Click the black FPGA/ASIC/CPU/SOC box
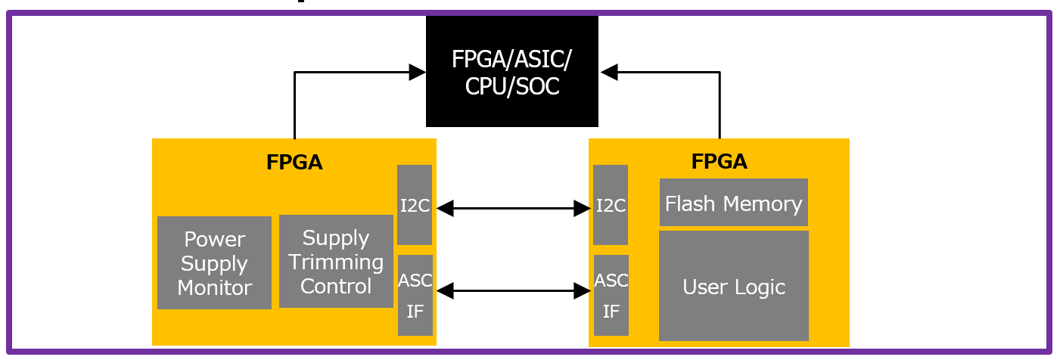coord(511,71)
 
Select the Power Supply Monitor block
coord(214,262)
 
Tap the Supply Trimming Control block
coord(336,262)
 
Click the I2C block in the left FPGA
coord(415,205)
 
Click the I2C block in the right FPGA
coord(611,205)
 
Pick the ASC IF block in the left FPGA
coord(415,295)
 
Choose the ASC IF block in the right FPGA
coord(611,295)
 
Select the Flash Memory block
coord(733,203)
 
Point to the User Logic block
coord(733,286)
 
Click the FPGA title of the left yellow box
coord(294,163)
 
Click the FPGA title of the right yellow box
coord(719,161)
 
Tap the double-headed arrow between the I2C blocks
coord(513,208)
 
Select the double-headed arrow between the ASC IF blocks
coord(513,290)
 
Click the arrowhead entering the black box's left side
coord(417,73)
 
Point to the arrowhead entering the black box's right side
coord(610,73)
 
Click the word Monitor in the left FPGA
coord(214,287)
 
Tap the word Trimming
coord(336,262)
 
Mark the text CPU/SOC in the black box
coord(512,87)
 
